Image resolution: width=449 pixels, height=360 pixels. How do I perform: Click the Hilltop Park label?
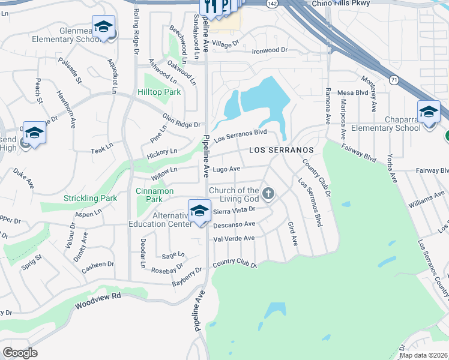click(159, 92)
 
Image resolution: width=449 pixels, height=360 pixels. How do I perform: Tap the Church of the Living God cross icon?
click(268, 194)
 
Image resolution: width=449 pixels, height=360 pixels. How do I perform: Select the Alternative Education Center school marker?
click(199, 212)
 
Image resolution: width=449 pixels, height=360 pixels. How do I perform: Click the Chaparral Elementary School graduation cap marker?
click(429, 113)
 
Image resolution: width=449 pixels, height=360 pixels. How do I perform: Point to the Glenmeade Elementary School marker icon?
click(104, 28)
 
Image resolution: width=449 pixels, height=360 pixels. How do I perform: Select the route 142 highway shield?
click(273, 4)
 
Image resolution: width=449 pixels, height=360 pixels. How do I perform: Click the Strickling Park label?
click(91, 198)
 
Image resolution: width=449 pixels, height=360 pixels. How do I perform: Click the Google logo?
click(20, 353)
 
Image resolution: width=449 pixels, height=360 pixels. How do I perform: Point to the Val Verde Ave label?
click(234, 238)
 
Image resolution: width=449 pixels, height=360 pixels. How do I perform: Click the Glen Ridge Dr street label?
click(181, 121)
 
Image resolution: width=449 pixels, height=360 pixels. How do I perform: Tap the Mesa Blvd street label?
click(352, 93)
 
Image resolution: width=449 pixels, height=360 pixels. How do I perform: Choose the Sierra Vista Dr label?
click(235, 210)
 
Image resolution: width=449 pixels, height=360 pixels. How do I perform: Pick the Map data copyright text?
click(424, 355)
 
